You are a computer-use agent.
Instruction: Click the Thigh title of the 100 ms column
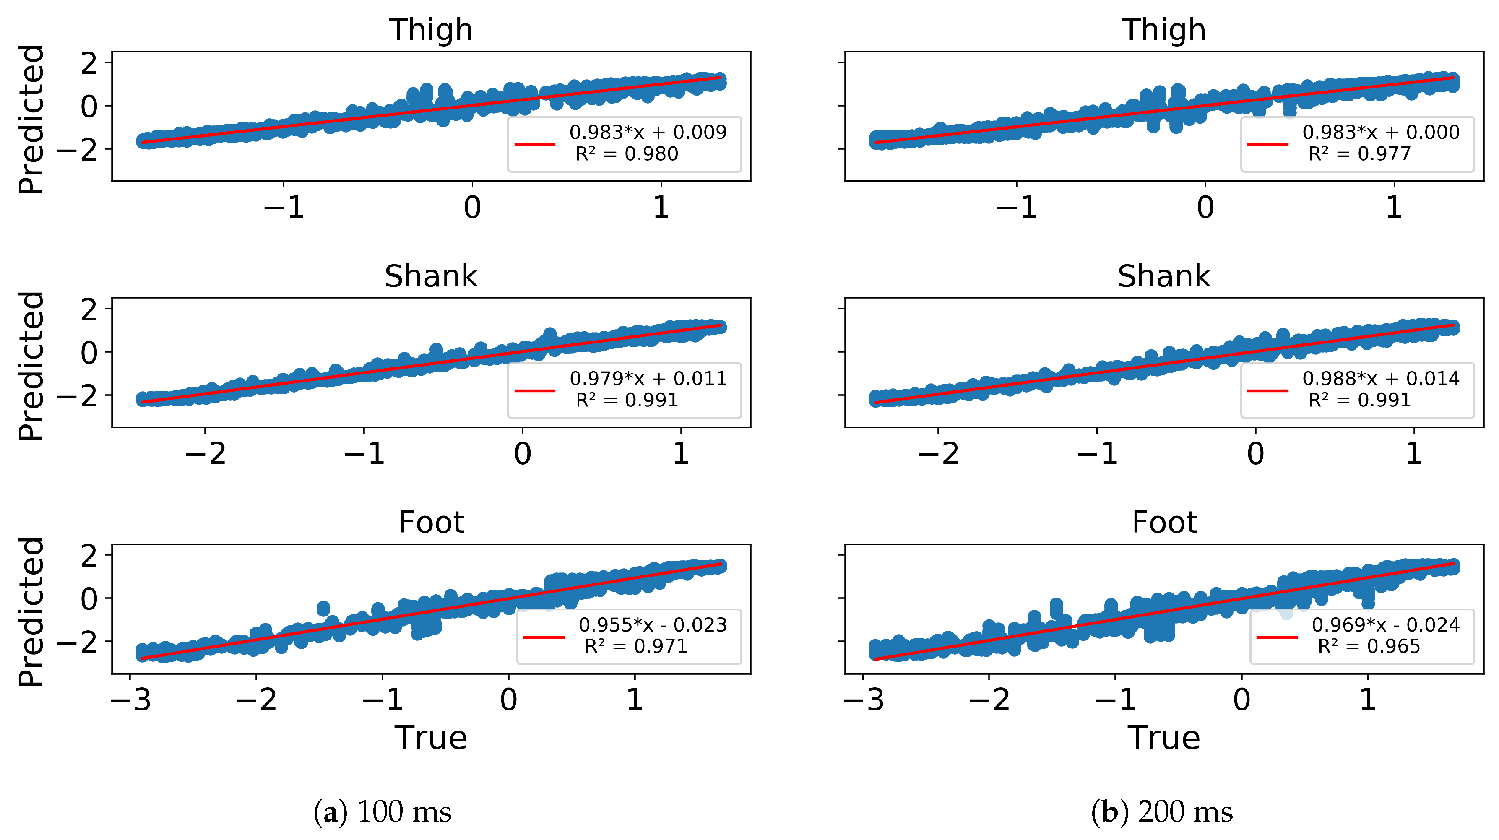tap(431, 30)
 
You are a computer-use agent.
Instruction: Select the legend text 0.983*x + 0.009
tap(648, 132)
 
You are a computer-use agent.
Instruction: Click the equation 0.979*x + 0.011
tap(648, 378)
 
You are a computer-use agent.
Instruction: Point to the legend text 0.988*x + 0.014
tap(1380, 378)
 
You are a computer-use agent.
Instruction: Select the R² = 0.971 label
tap(635, 646)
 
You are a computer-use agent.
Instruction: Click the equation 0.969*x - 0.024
tap(1385, 625)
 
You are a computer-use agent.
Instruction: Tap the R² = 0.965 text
tap(1368, 646)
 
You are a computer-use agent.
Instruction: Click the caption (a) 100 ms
tap(383, 811)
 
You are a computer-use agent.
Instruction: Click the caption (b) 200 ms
tap(1162, 811)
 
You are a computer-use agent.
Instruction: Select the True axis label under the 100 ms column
tap(431, 738)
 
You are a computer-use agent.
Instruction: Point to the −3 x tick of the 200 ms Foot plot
tap(864, 700)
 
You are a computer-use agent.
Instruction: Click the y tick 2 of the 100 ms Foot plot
tap(89, 556)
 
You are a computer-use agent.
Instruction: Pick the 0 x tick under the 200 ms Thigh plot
tap(1205, 208)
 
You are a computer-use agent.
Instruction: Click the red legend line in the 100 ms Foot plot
tap(544, 637)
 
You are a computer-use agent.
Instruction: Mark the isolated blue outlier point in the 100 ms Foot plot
tap(323, 609)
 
